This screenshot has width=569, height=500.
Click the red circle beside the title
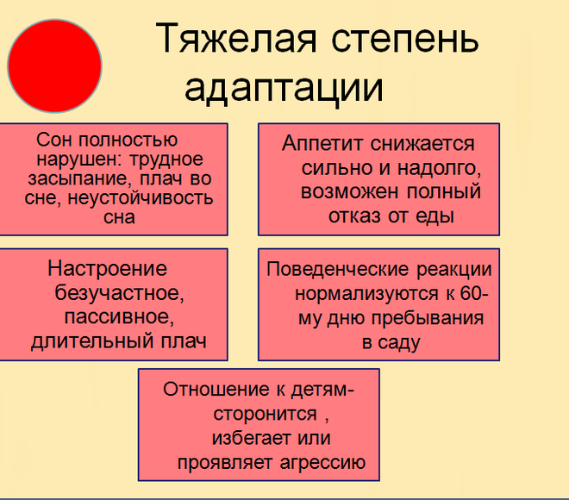tap(54, 66)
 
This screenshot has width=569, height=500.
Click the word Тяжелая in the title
tap(236, 39)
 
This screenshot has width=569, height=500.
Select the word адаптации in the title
tap(284, 89)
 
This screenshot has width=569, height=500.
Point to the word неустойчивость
tap(140, 198)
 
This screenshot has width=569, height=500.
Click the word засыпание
tap(78, 179)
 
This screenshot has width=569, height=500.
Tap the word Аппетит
tap(322, 143)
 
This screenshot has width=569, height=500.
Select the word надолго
tap(439, 169)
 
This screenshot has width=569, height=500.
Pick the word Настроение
tap(108, 268)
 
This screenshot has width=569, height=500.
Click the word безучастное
tap(119, 293)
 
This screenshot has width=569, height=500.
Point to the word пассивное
tap(119, 317)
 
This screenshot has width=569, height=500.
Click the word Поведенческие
tap(338, 270)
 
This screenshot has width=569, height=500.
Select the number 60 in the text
tap(471, 293)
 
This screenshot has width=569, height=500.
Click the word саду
tap(399, 342)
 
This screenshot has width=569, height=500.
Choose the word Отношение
tap(216, 390)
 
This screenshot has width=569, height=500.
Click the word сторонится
tap(265, 414)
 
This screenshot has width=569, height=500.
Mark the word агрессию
tap(322, 463)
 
